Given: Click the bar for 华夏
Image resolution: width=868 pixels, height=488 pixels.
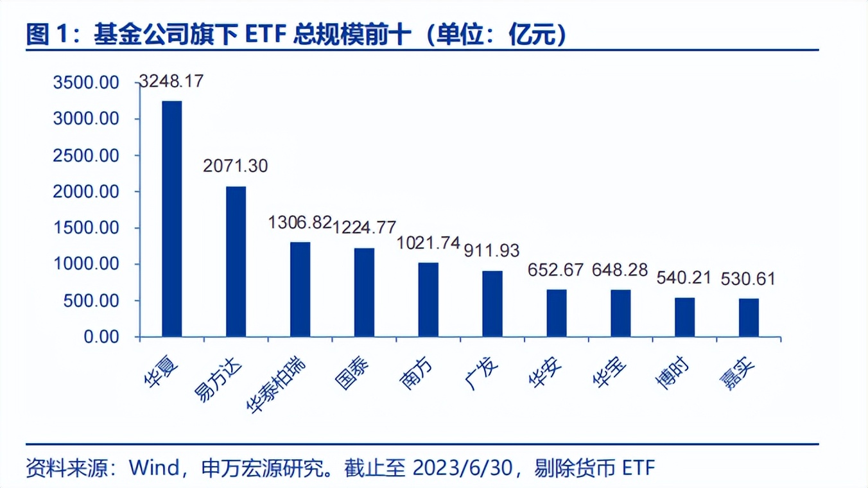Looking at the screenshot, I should (171, 218).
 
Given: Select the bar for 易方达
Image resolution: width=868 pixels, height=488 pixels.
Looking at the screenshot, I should (236, 261).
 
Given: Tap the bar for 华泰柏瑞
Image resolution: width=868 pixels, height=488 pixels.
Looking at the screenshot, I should (300, 289).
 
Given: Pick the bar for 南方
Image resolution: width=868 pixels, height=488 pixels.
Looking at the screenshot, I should (428, 299).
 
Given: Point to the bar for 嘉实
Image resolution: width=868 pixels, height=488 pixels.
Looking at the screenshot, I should (749, 317).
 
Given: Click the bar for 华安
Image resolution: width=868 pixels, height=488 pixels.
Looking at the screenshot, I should (557, 313).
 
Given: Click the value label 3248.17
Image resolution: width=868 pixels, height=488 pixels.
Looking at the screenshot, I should (171, 82).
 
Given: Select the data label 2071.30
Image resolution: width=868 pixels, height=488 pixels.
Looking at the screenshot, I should (236, 166).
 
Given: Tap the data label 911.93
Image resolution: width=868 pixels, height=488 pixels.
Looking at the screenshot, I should (491, 250).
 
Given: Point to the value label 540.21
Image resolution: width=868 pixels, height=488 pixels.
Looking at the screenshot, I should (684, 278).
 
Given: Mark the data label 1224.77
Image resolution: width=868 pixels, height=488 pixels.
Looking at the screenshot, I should (365, 227).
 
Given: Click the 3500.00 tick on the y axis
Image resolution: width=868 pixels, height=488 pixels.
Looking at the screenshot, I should (86, 83).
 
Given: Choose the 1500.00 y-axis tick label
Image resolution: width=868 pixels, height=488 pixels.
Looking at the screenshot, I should (86, 228).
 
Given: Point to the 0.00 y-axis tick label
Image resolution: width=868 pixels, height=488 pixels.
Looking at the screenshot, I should (101, 336).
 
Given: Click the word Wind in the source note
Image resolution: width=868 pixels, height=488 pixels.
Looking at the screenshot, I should (155, 467).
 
